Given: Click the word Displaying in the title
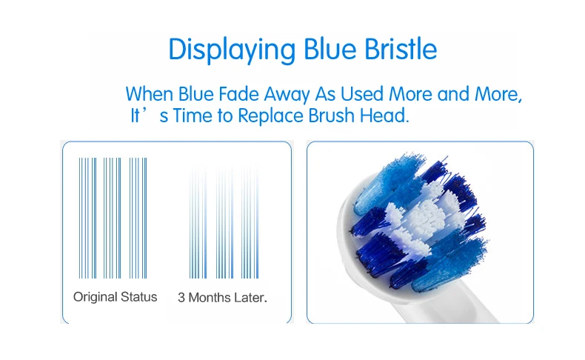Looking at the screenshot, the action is pos(232,50).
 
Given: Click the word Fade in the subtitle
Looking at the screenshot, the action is pos(238,93).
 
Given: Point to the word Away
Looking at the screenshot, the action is pos(287,95).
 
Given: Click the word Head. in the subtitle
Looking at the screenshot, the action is pos(384,116).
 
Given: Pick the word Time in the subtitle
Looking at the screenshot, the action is pos(193,116).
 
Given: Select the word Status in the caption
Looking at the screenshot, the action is pos(138,297).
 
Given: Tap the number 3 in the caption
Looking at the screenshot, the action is pos(181,298).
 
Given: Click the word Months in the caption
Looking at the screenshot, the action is pos(210,298).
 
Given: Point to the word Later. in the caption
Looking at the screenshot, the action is pos(250,298).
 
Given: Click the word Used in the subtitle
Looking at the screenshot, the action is pos(362,93).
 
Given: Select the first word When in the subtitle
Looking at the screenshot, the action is pos(150,93).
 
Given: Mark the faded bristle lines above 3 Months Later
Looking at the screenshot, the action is pos(224,223).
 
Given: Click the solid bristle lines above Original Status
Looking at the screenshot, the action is pos(113,218).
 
